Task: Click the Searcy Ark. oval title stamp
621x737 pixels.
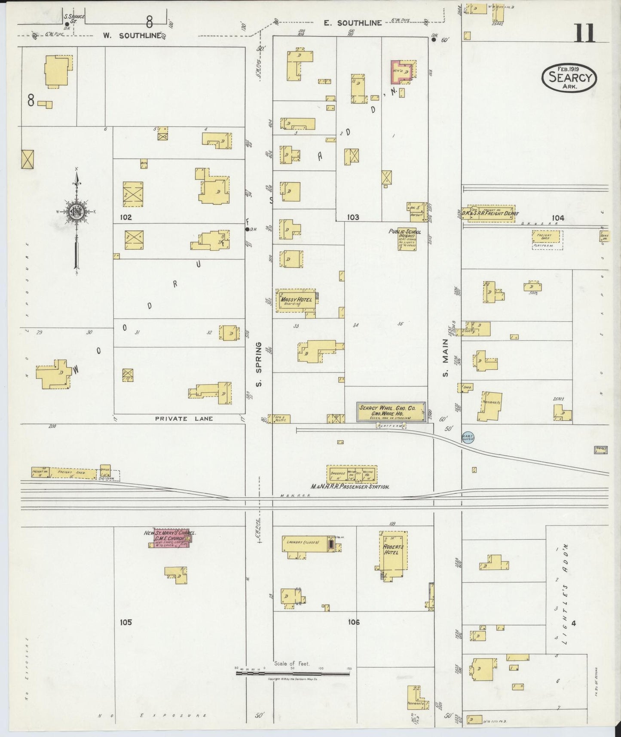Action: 570,78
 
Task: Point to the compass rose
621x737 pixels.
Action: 76,212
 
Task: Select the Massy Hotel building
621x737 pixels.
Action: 297,300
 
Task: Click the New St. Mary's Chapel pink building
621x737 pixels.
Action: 170,538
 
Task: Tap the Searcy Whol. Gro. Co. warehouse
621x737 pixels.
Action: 391,411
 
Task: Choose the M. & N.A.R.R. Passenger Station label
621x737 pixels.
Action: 350,487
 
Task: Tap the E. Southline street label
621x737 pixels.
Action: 353,23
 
